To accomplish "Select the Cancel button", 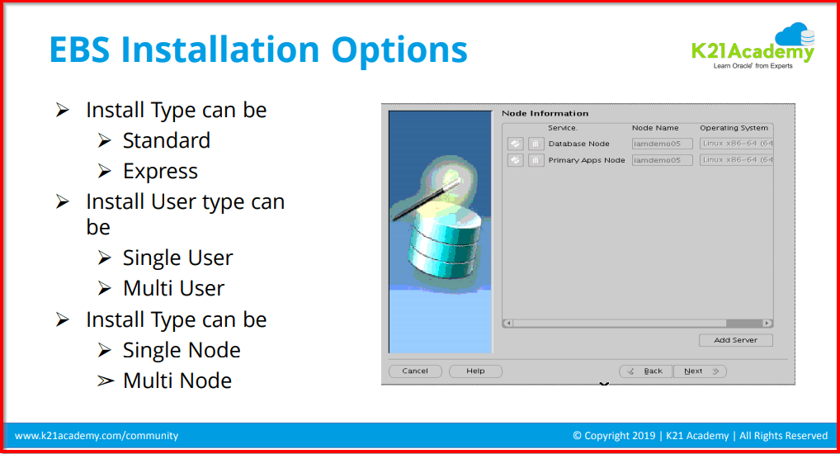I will [415, 371].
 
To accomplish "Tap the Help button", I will [475, 371].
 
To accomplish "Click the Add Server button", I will [734, 340].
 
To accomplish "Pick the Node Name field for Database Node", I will [662, 144].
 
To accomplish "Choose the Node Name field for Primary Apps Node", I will [662, 160].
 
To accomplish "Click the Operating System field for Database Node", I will [736, 144].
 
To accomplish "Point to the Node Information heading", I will [545, 113].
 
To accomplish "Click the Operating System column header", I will [734, 128].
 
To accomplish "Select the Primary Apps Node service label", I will [587, 160].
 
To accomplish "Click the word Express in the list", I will [160, 172].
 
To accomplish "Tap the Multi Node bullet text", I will [177, 381].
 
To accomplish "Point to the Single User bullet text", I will [177, 258].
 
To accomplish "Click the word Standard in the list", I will [166, 141].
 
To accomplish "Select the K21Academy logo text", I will [752, 52].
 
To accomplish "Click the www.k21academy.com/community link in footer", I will [97, 436].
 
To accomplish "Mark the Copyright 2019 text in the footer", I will [611, 436].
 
